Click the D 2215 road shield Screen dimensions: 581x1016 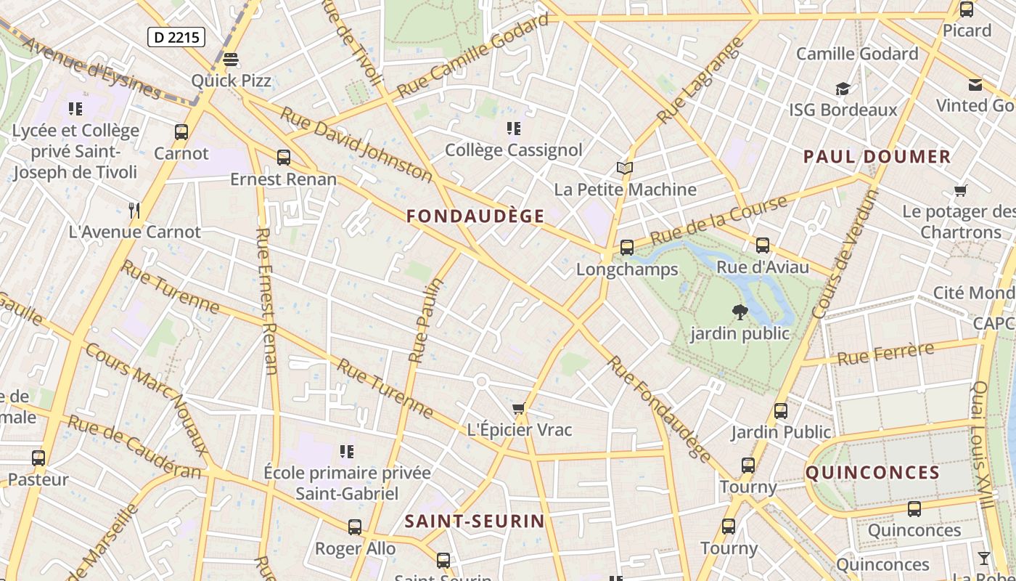[176, 37]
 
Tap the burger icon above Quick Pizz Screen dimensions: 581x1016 [231, 59]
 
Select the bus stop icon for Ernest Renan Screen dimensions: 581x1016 [284, 157]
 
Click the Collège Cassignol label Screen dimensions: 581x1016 [513, 150]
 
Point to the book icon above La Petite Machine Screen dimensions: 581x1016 [624, 168]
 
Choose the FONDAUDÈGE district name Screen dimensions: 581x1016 [475, 216]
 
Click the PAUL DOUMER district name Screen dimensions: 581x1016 [877, 156]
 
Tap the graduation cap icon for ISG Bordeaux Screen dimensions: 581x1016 [843, 89]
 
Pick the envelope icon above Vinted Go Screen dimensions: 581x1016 [975, 85]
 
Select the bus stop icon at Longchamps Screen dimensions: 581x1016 [627, 247]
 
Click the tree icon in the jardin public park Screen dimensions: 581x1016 [740, 312]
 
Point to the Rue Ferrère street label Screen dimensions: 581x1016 [885, 354]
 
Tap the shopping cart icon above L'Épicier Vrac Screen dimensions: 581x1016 [518, 408]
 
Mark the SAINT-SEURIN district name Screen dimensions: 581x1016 [475, 521]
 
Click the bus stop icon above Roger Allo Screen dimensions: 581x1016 [355, 527]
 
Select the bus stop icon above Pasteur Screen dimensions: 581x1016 [38, 458]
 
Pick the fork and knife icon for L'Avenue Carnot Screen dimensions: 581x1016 [134, 211]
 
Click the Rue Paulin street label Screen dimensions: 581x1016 [426, 320]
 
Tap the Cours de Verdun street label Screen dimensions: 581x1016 [845, 253]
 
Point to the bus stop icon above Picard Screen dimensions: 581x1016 [967, 9]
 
